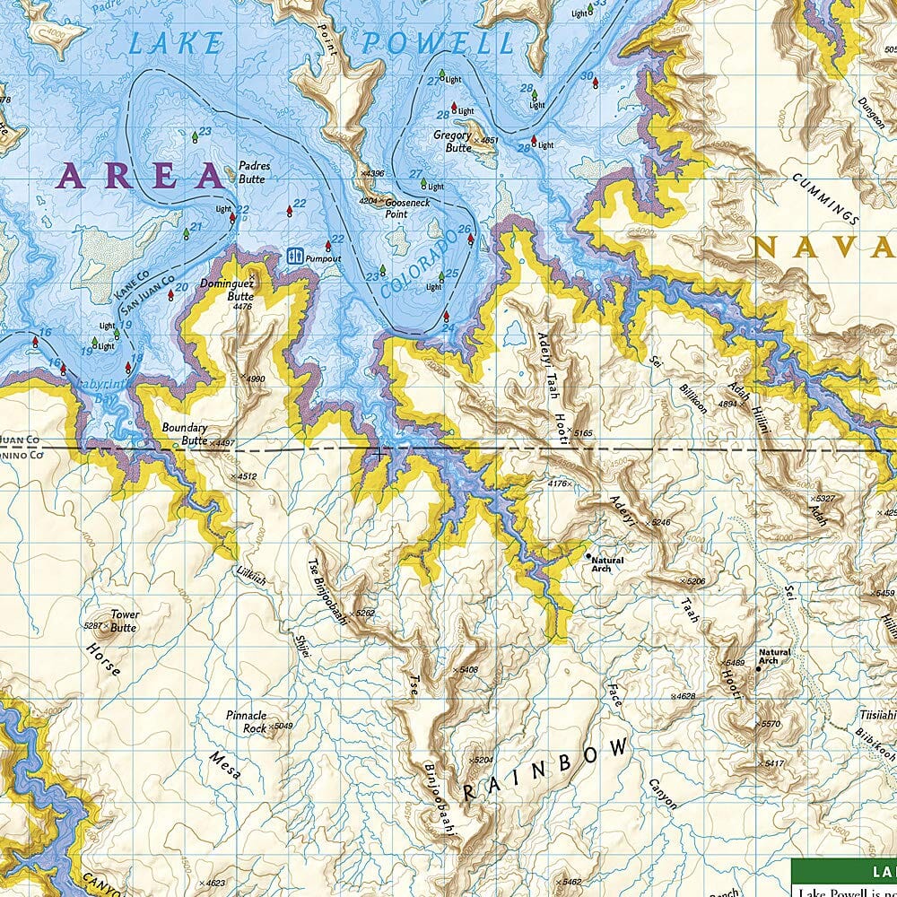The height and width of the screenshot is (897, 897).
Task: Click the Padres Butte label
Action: click(254, 172)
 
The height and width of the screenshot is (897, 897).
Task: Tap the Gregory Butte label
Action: click(452, 141)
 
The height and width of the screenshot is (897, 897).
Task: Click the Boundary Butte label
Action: click(184, 434)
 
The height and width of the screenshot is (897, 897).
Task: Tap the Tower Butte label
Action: click(124, 621)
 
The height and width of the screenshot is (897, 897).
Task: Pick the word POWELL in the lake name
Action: click(437, 42)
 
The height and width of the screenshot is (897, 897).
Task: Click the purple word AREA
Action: click(140, 176)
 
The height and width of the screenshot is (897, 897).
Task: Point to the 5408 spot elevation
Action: click(467, 670)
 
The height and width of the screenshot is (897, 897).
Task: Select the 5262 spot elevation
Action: click(364, 613)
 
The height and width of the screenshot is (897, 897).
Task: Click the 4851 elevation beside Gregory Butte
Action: click(489, 140)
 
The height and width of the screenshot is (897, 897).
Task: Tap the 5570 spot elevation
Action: click(770, 723)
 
